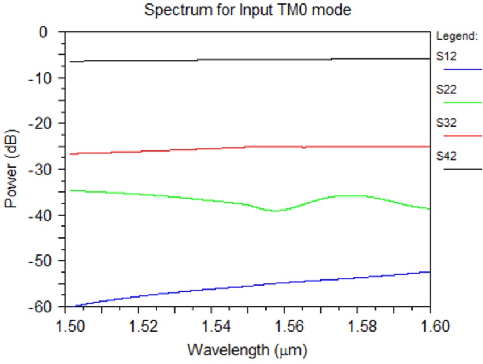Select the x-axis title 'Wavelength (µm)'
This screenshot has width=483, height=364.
click(x=248, y=348)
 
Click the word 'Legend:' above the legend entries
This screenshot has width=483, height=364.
click(x=456, y=36)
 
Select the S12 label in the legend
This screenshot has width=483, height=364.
click(x=446, y=56)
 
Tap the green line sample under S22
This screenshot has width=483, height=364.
click(x=463, y=102)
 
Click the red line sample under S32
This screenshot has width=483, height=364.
click(x=463, y=136)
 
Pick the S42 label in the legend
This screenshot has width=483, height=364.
click(x=446, y=155)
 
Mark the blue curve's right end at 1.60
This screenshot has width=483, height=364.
click(x=429, y=272)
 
